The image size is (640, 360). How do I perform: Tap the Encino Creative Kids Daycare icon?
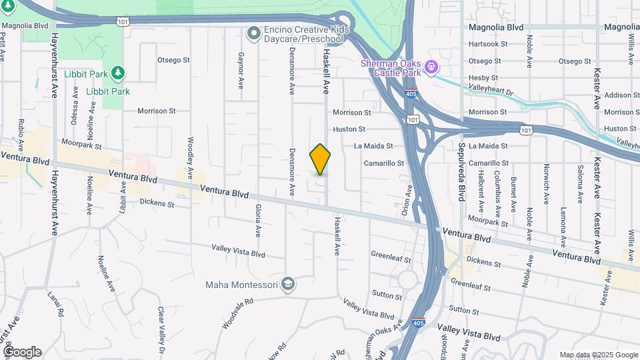[x=253, y=32]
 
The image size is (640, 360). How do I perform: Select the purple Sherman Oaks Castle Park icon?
[x=431, y=67]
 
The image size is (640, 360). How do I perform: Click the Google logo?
[x=22, y=352]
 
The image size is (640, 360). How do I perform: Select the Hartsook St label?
[x=488, y=43]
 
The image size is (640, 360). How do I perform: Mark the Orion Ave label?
[x=404, y=200]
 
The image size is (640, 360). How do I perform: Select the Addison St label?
[x=621, y=95]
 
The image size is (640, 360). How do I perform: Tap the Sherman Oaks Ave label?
[x=382, y=337]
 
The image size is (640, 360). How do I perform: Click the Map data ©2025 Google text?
[x=599, y=355]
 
